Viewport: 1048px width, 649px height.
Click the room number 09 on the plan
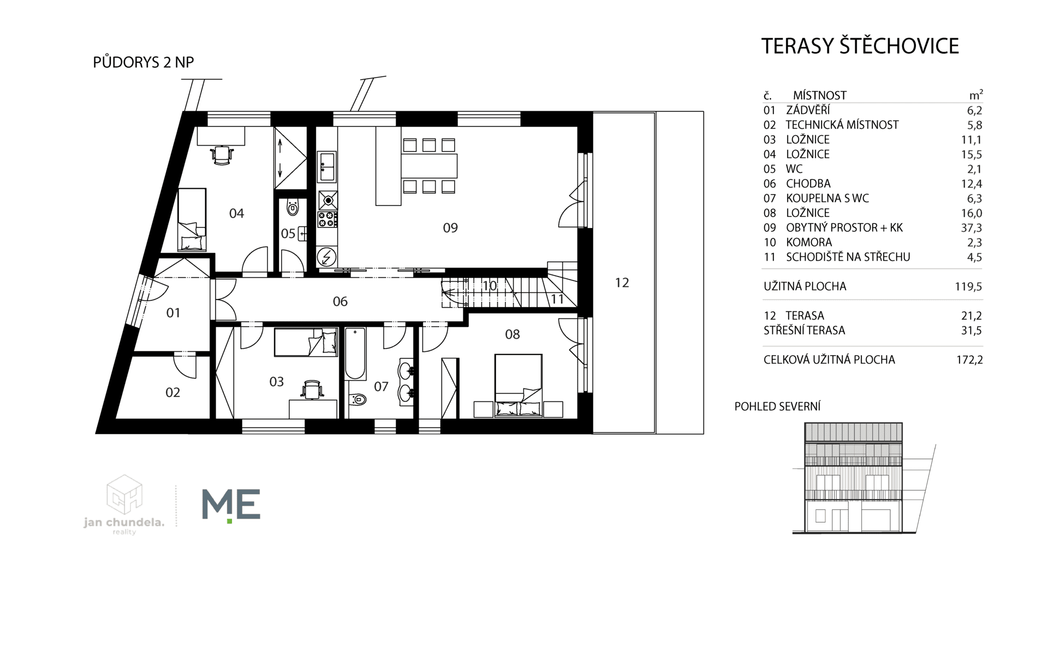(x=450, y=228)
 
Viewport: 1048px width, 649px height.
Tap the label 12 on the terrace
(x=622, y=283)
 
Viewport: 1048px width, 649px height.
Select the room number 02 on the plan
(x=172, y=393)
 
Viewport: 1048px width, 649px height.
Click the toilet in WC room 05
(x=293, y=207)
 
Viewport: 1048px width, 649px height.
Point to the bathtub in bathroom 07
(x=355, y=353)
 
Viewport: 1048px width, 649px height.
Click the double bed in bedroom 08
(x=519, y=386)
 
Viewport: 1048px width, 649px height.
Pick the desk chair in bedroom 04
(x=222, y=155)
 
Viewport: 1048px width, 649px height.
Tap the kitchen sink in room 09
(x=327, y=166)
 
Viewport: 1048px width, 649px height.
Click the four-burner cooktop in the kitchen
(x=327, y=220)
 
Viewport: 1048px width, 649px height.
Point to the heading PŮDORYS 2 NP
(x=144, y=62)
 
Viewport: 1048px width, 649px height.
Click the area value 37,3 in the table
(x=972, y=228)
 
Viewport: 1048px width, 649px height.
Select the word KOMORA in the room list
(x=809, y=242)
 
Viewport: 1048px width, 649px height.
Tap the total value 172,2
(x=969, y=360)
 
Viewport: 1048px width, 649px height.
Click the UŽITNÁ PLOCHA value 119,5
(x=968, y=286)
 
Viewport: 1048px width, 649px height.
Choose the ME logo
(x=231, y=504)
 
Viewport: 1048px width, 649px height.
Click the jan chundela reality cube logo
(x=124, y=494)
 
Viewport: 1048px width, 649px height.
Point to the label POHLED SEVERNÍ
(x=777, y=406)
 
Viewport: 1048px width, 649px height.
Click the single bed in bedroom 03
(x=306, y=342)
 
